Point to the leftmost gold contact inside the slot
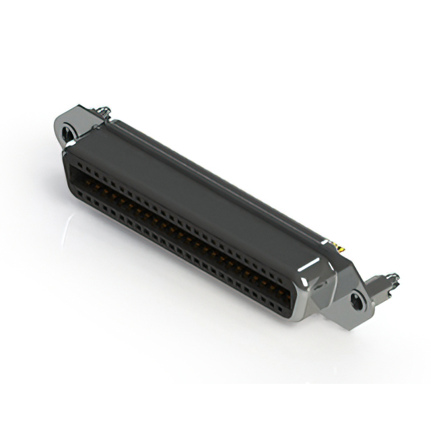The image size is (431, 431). tap(81, 176)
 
